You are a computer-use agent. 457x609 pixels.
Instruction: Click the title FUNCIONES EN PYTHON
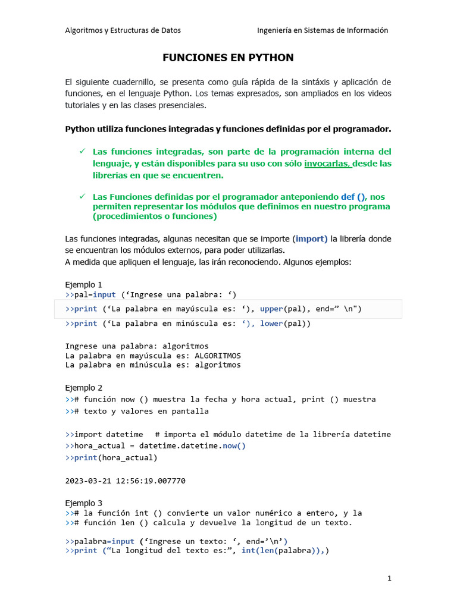[228, 58]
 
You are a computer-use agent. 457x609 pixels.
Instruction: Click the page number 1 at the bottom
[389, 578]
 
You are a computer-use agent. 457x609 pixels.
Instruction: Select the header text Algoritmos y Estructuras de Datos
[123, 30]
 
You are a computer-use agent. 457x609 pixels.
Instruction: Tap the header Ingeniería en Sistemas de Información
[323, 30]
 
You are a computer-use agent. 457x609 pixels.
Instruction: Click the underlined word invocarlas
[328, 164]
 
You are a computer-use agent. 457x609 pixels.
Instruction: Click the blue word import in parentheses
[310, 239]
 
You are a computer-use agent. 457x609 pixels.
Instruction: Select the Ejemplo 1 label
[83, 284]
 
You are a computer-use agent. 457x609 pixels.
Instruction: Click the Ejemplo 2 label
[83, 388]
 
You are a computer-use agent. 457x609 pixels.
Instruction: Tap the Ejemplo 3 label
[83, 503]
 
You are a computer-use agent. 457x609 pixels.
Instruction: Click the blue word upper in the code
[271, 309]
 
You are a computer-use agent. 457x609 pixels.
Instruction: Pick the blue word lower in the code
[271, 324]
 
